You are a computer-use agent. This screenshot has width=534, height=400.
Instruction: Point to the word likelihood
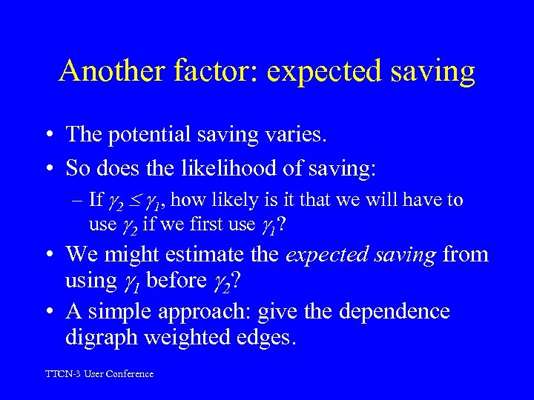225,168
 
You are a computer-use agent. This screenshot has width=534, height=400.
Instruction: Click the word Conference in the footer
129,374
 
